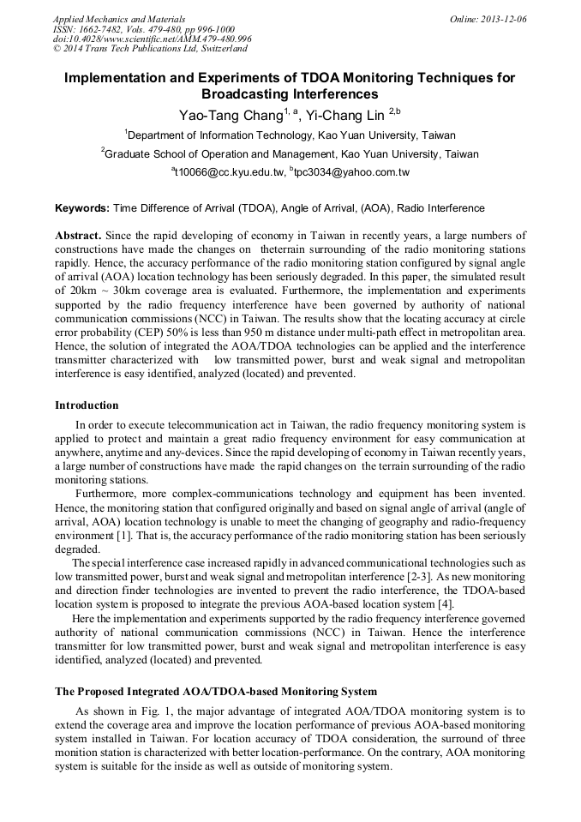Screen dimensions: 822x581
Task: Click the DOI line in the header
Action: pos(152,39)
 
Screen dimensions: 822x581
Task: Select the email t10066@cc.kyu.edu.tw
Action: pos(230,172)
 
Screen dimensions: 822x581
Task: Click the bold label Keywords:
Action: pos(82,208)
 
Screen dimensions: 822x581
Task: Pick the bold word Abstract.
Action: pos(78,235)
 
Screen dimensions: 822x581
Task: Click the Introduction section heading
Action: pos(87,405)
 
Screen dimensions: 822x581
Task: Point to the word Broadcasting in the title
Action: pos(247,94)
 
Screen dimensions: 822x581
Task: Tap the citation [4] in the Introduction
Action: pos(446,604)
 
